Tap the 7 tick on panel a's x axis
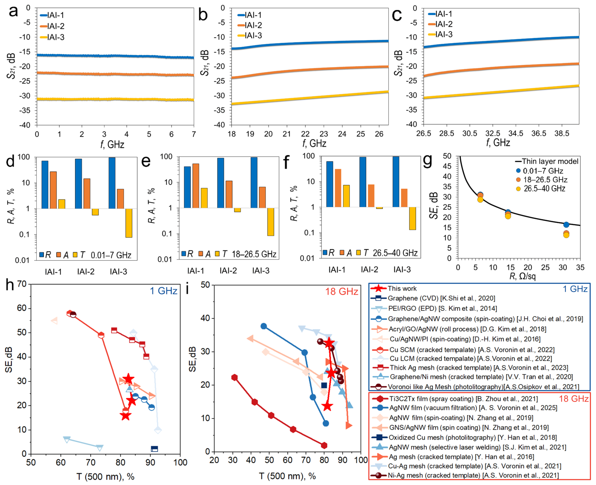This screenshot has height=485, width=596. click(x=193, y=134)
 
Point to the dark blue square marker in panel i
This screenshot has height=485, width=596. click(x=324, y=386)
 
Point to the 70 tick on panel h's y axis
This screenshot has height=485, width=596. click(x=22, y=284)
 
